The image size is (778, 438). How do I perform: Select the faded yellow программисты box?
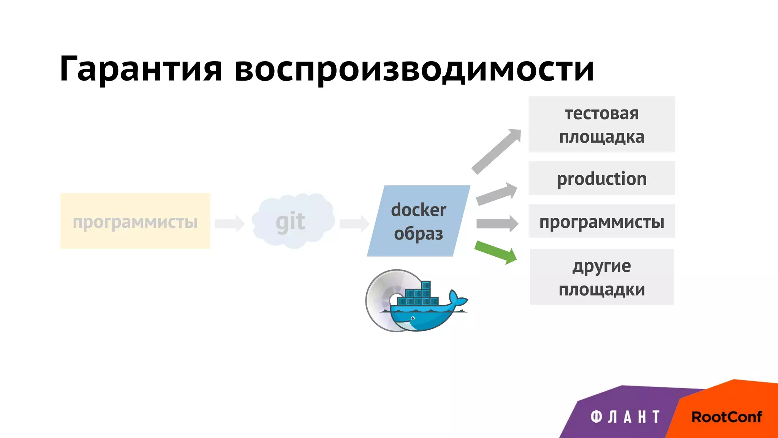tap(135, 221)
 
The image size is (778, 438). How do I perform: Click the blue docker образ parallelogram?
tap(418, 221)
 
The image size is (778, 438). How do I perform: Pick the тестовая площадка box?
tap(602, 124)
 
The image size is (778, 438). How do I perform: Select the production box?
tap(602, 178)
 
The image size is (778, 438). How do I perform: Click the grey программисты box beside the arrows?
tap(602, 221)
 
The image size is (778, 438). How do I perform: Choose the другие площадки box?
tap(602, 277)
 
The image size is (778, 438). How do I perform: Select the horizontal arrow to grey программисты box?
tap(497, 224)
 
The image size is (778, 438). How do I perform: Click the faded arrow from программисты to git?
tap(229, 223)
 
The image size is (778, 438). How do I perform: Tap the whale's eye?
tap(413, 318)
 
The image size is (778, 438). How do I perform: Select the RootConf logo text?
tap(726, 417)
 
